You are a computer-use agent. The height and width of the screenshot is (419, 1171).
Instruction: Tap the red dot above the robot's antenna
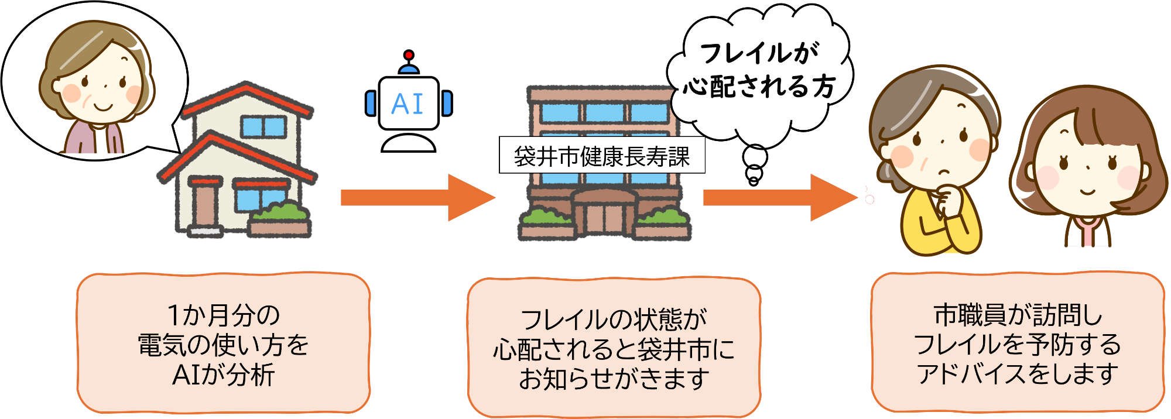coord(409,55)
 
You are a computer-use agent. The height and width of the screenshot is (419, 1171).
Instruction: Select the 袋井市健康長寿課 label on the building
coord(602,156)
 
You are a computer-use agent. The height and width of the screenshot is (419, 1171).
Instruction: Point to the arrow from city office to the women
coord(779,198)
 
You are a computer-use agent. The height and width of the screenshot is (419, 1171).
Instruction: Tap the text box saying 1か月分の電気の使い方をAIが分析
coord(223,344)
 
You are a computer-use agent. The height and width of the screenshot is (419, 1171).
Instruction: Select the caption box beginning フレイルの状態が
coord(614,349)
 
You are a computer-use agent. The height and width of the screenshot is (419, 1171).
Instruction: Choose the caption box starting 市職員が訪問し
coord(1018,344)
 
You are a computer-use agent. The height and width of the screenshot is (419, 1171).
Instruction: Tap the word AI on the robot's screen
coord(408,104)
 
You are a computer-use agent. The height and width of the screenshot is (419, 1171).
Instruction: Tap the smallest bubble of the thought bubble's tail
coord(754,181)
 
